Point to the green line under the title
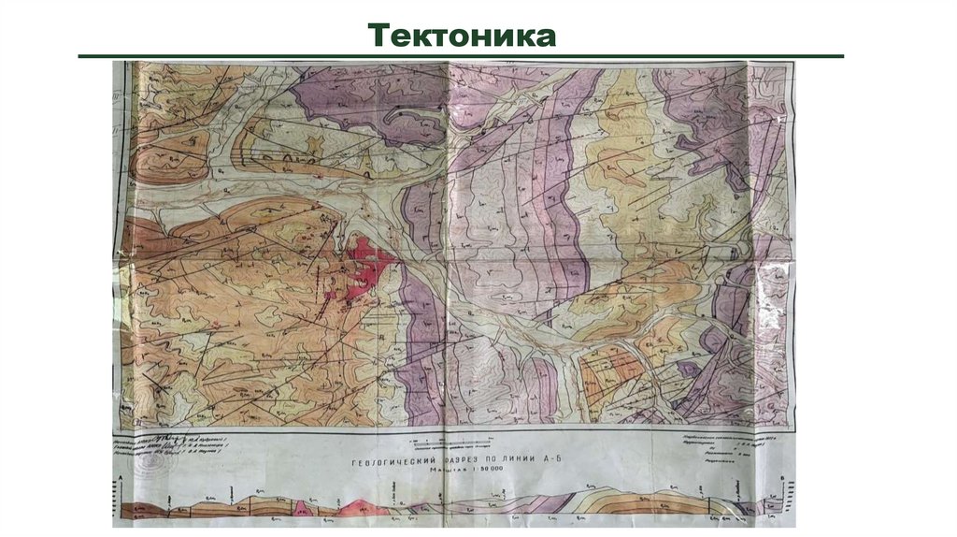click(463, 56)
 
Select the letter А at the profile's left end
click(121, 478)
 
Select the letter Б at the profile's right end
click(781, 478)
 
